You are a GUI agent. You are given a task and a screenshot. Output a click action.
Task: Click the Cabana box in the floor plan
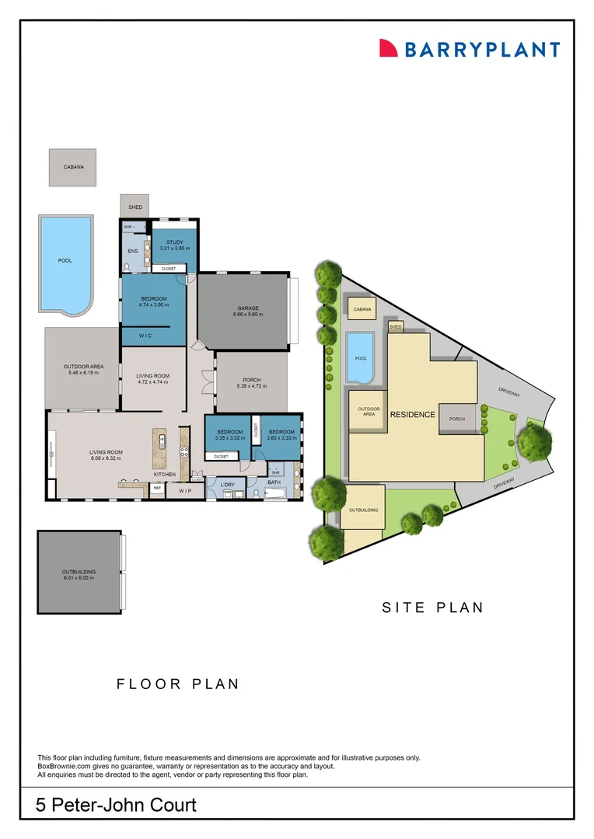(x=73, y=167)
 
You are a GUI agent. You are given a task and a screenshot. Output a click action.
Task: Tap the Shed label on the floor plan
(x=135, y=207)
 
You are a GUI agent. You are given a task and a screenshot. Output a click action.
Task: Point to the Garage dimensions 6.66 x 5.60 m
(x=248, y=315)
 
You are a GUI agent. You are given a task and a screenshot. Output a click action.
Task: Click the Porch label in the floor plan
(x=250, y=380)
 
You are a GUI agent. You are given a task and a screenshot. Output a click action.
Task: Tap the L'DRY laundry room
(x=227, y=485)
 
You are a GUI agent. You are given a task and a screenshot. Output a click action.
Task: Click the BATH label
(x=274, y=482)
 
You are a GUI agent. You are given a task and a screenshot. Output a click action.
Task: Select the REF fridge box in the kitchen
(x=157, y=489)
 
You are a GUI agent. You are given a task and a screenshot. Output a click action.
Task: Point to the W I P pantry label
(x=184, y=491)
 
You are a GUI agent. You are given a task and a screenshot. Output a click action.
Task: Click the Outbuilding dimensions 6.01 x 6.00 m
(x=78, y=579)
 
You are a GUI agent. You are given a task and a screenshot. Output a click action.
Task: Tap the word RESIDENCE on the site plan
(x=412, y=414)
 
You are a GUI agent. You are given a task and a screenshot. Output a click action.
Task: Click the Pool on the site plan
(x=360, y=358)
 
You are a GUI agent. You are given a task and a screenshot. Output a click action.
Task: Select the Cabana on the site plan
(x=362, y=309)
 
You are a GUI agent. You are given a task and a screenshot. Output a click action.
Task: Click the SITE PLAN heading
(x=432, y=607)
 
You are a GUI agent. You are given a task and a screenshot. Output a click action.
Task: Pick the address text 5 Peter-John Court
(x=117, y=805)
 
